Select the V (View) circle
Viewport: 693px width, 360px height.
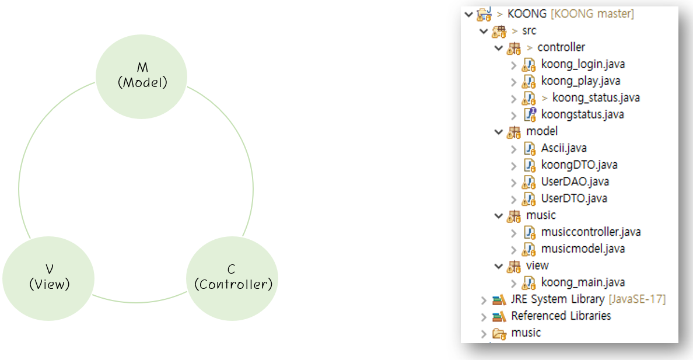[x=49, y=278]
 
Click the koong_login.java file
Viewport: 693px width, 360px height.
[x=582, y=64]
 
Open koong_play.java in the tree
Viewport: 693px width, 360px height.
[x=580, y=81]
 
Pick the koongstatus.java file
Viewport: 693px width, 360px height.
[x=582, y=114]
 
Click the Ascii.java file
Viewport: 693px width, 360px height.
[x=563, y=148]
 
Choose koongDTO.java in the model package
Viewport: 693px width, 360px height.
[x=579, y=165]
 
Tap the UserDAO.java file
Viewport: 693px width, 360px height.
[x=575, y=181]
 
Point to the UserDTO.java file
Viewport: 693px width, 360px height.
[x=573, y=198]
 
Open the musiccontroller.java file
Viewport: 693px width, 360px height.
[x=590, y=232]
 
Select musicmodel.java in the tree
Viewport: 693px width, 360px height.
[x=582, y=249]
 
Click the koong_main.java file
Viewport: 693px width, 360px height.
[x=583, y=282]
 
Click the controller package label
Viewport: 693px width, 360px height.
[x=561, y=47]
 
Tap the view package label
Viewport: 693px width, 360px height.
[x=537, y=265]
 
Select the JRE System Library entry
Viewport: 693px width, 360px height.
[x=557, y=299]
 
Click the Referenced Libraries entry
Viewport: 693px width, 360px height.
[x=561, y=316]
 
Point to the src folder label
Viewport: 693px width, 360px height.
[x=529, y=30]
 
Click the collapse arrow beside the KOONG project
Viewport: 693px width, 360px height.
[x=468, y=14]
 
